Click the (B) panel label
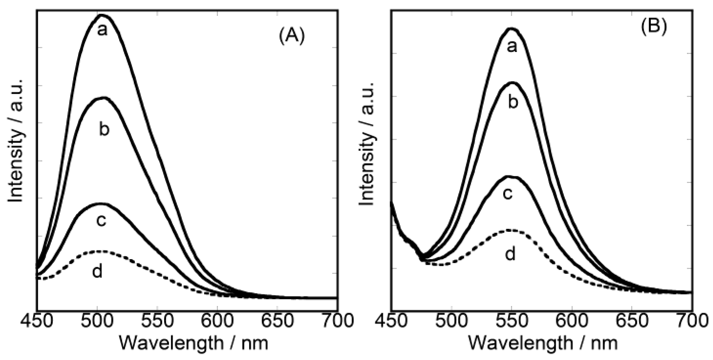click(x=654, y=27)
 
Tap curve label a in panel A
click(x=102, y=31)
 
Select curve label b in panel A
click(x=104, y=130)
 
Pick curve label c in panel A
click(x=102, y=220)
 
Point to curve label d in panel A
click(x=97, y=271)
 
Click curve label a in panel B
click(x=512, y=47)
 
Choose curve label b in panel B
click(x=513, y=102)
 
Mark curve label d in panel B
click(x=510, y=253)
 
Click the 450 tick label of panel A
click(x=37, y=321)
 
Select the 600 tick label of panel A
click(x=217, y=321)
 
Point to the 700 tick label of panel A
click(x=337, y=321)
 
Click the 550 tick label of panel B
click(x=511, y=321)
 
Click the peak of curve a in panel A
click(x=102, y=15)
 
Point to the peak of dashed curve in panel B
click(x=510, y=230)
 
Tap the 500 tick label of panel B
click(x=451, y=321)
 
